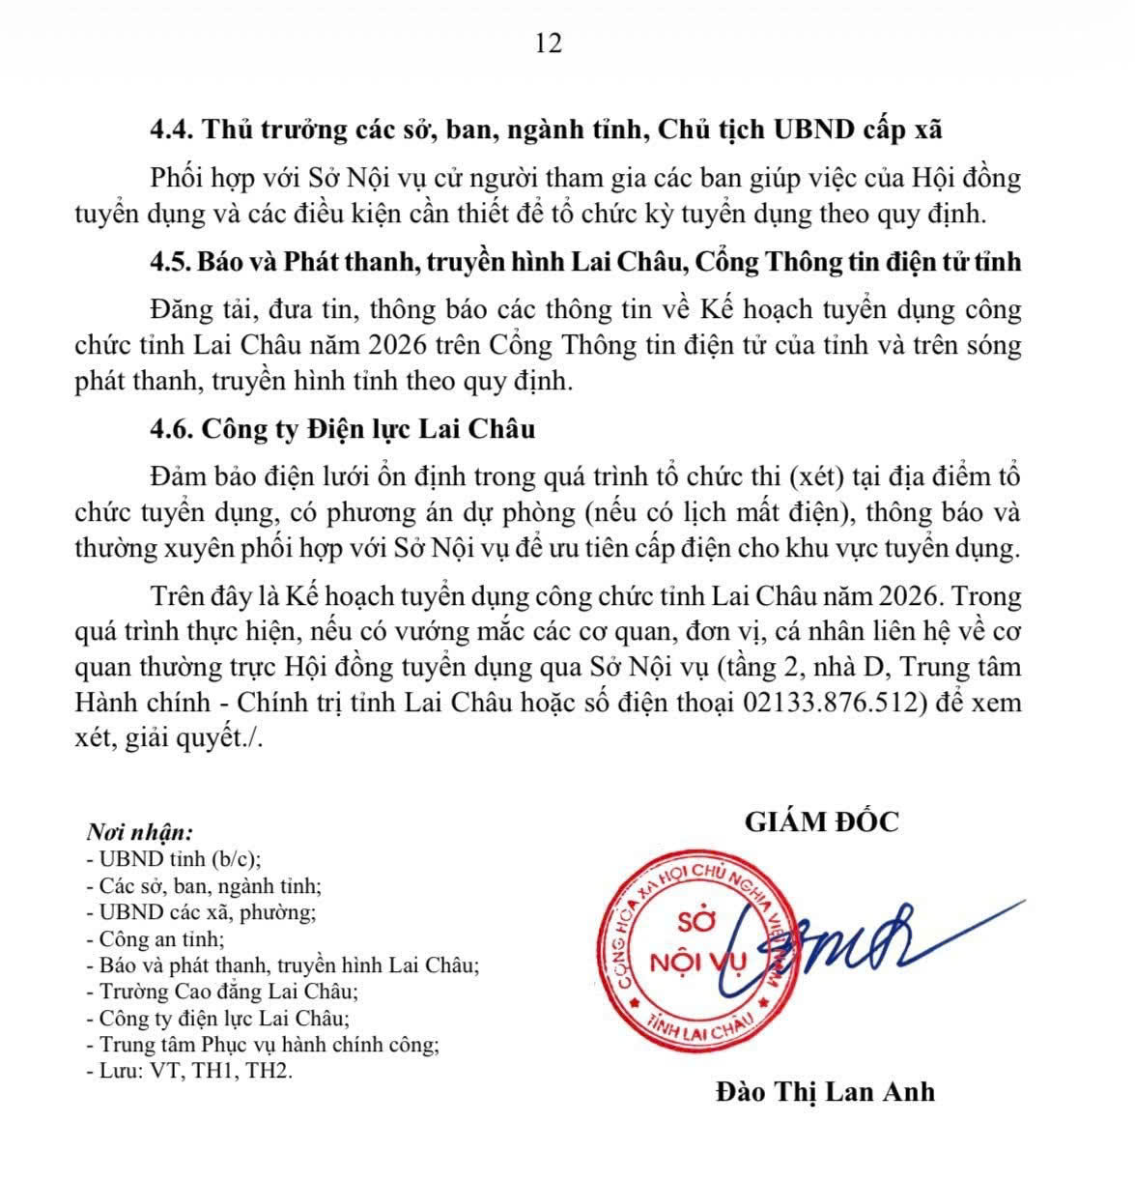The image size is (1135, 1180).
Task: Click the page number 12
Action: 547,43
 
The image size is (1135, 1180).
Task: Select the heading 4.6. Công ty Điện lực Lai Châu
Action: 342,428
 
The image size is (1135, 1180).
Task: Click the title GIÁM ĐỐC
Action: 821,821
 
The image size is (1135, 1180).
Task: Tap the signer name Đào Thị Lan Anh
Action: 825,1091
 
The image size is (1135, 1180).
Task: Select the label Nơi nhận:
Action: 140,833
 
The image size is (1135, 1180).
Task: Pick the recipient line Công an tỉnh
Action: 155,938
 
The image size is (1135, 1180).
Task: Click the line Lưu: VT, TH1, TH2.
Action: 188,1071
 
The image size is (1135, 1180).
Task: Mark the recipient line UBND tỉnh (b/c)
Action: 174,859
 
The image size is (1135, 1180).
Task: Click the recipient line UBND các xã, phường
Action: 201,911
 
